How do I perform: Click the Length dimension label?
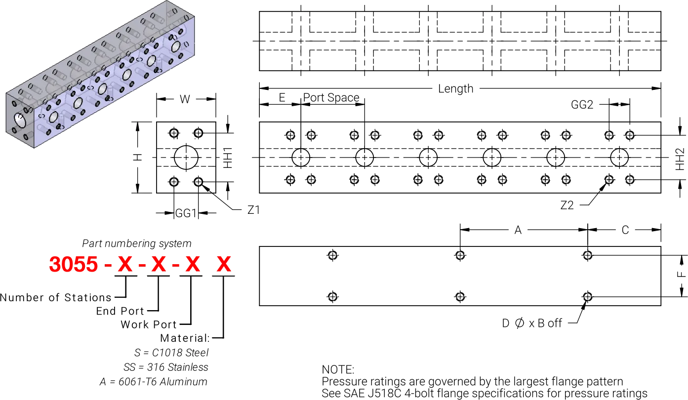(455, 89)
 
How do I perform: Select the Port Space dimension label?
(331, 98)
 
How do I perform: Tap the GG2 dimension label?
(581, 105)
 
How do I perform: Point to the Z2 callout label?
(567, 204)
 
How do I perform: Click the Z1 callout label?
(252, 211)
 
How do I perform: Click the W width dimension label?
(185, 100)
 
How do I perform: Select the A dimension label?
(518, 231)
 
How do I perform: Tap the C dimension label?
(625, 231)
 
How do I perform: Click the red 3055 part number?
(73, 265)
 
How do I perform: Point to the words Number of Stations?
(55, 298)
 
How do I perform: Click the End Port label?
(120, 311)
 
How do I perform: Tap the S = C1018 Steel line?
(171, 353)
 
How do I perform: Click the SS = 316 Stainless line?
(165, 367)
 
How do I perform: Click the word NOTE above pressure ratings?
(338, 369)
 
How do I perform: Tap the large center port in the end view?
(186, 158)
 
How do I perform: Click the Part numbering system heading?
(137, 243)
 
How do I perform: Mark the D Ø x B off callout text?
(531, 323)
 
